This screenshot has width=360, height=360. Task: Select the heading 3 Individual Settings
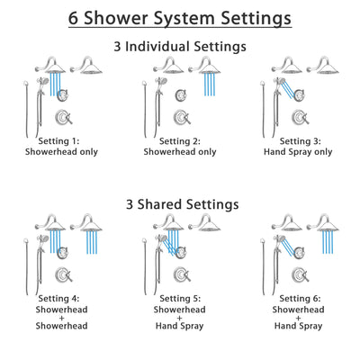tap(180, 46)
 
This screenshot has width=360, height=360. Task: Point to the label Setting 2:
tap(182, 141)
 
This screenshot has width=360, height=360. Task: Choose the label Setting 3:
tap(299, 141)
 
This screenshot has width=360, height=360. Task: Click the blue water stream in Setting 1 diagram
tap(56, 85)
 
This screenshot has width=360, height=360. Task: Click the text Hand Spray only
tap(299, 152)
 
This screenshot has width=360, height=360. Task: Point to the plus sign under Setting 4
tap(62, 319)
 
